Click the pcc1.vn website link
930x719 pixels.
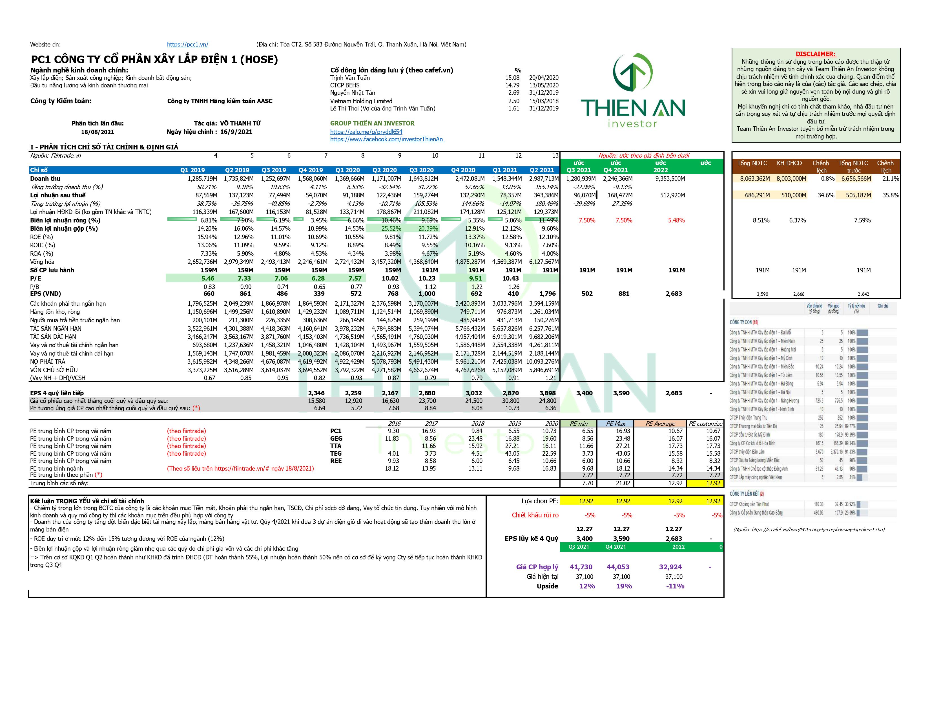(x=187, y=44)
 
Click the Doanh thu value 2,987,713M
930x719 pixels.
(x=544, y=178)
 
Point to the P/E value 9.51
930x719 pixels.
(x=476, y=278)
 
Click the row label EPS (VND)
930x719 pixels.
(x=46, y=294)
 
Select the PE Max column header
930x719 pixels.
(x=616, y=424)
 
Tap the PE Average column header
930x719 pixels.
(x=660, y=424)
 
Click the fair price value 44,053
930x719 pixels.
(x=617, y=567)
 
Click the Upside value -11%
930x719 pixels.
(x=675, y=586)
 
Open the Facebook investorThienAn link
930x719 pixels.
(x=387, y=139)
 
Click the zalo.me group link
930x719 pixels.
(x=366, y=132)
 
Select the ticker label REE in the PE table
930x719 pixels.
(x=336, y=461)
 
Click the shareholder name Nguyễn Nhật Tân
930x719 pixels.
(x=353, y=92)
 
